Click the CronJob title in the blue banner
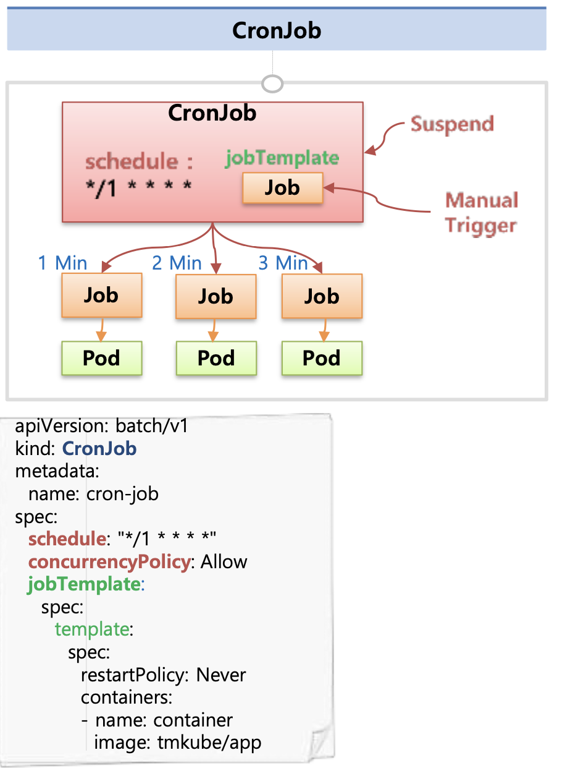(276, 30)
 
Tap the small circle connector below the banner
(272, 83)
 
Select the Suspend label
(452, 124)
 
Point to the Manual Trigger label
(481, 212)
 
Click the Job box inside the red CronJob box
(282, 187)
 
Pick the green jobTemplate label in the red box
(282, 158)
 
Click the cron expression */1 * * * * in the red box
(138, 186)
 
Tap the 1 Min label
(62, 263)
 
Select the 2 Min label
(177, 263)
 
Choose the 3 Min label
(283, 263)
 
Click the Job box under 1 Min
(101, 295)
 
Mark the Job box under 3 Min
(322, 296)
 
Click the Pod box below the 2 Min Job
(216, 358)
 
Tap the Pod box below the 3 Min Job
(322, 358)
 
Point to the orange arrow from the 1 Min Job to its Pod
(101, 328)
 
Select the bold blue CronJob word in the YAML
(99, 448)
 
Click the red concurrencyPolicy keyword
(109, 561)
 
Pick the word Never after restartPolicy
(221, 675)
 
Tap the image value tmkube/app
(209, 742)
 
